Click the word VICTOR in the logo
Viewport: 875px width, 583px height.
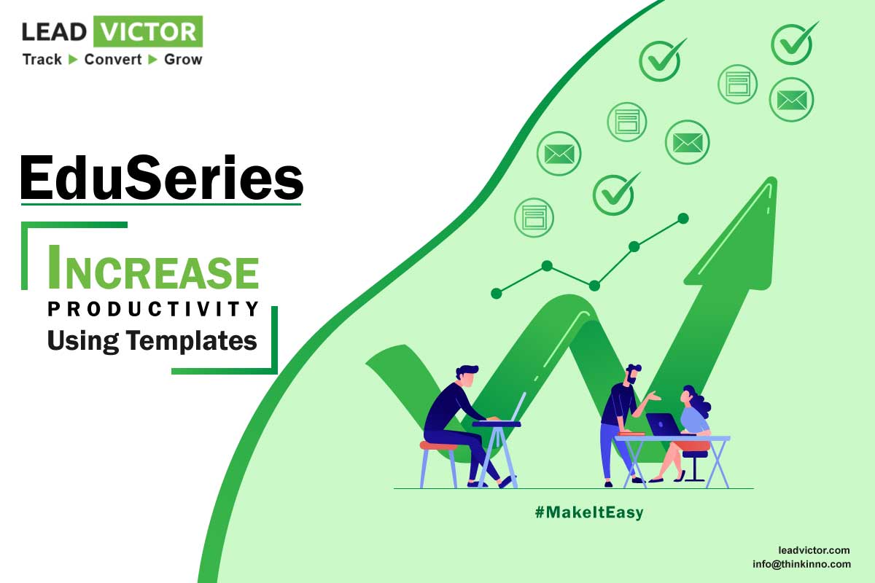coord(148,31)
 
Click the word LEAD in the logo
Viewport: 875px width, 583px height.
coord(54,31)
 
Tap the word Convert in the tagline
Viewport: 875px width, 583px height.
coord(113,59)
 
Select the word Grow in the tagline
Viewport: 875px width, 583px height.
coord(183,59)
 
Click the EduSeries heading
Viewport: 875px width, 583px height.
coord(161,178)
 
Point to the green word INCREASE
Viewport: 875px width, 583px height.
coord(153,269)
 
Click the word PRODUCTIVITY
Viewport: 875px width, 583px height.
coord(152,308)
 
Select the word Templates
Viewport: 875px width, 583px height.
coord(191,341)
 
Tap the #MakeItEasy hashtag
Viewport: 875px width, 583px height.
coord(589,512)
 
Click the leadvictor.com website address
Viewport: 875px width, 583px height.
coord(814,550)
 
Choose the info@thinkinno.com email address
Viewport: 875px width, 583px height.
coord(802,564)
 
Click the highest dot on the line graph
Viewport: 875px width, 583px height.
coord(683,219)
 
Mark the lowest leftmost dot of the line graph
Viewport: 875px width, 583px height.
coord(496,293)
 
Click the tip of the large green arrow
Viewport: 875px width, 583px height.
coord(772,179)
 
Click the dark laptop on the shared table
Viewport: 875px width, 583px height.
coord(662,424)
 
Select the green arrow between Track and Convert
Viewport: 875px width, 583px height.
coord(73,59)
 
